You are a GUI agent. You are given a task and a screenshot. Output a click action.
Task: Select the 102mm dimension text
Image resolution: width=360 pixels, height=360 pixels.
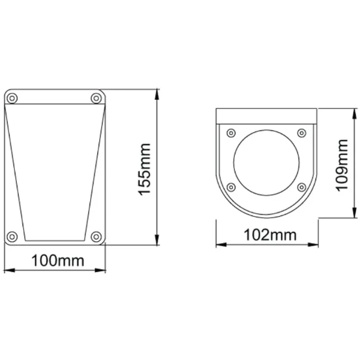(267, 235)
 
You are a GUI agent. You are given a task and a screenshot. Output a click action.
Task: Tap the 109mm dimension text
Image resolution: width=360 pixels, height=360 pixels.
(342, 165)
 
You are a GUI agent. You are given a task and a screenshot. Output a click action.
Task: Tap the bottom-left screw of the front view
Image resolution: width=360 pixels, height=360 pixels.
(12, 236)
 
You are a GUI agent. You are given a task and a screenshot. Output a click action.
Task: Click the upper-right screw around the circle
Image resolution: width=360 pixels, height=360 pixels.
(301, 131)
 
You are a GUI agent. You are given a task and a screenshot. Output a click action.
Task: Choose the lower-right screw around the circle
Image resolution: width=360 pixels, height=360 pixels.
(301, 186)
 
